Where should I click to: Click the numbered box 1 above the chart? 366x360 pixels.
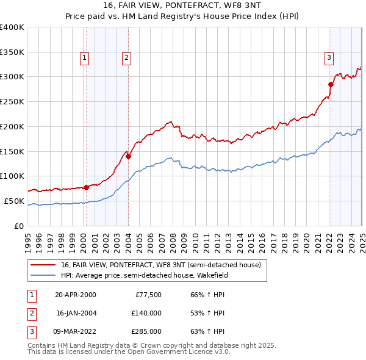pyautogui.click(x=84, y=59)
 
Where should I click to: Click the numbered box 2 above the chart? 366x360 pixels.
pyautogui.click(x=126, y=59)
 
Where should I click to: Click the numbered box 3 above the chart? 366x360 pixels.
pyautogui.click(x=329, y=59)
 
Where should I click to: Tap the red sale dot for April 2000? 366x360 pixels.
pyautogui.click(x=86, y=187)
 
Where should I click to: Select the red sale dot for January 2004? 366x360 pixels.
pyautogui.click(x=129, y=156)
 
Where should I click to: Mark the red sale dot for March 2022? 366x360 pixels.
pyautogui.click(x=331, y=84)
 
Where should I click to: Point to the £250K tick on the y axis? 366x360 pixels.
pyautogui.click(x=13, y=102)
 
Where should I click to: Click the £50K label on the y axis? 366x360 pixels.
pyautogui.click(x=15, y=201)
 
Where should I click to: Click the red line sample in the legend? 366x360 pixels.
pyautogui.click(x=43, y=265)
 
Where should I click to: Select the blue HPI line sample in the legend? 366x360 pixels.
pyautogui.click(x=43, y=275)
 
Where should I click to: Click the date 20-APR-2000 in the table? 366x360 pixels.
pyautogui.click(x=76, y=295)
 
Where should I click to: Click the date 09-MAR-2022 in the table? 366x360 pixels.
pyautogui.click(x=76, y=331)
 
